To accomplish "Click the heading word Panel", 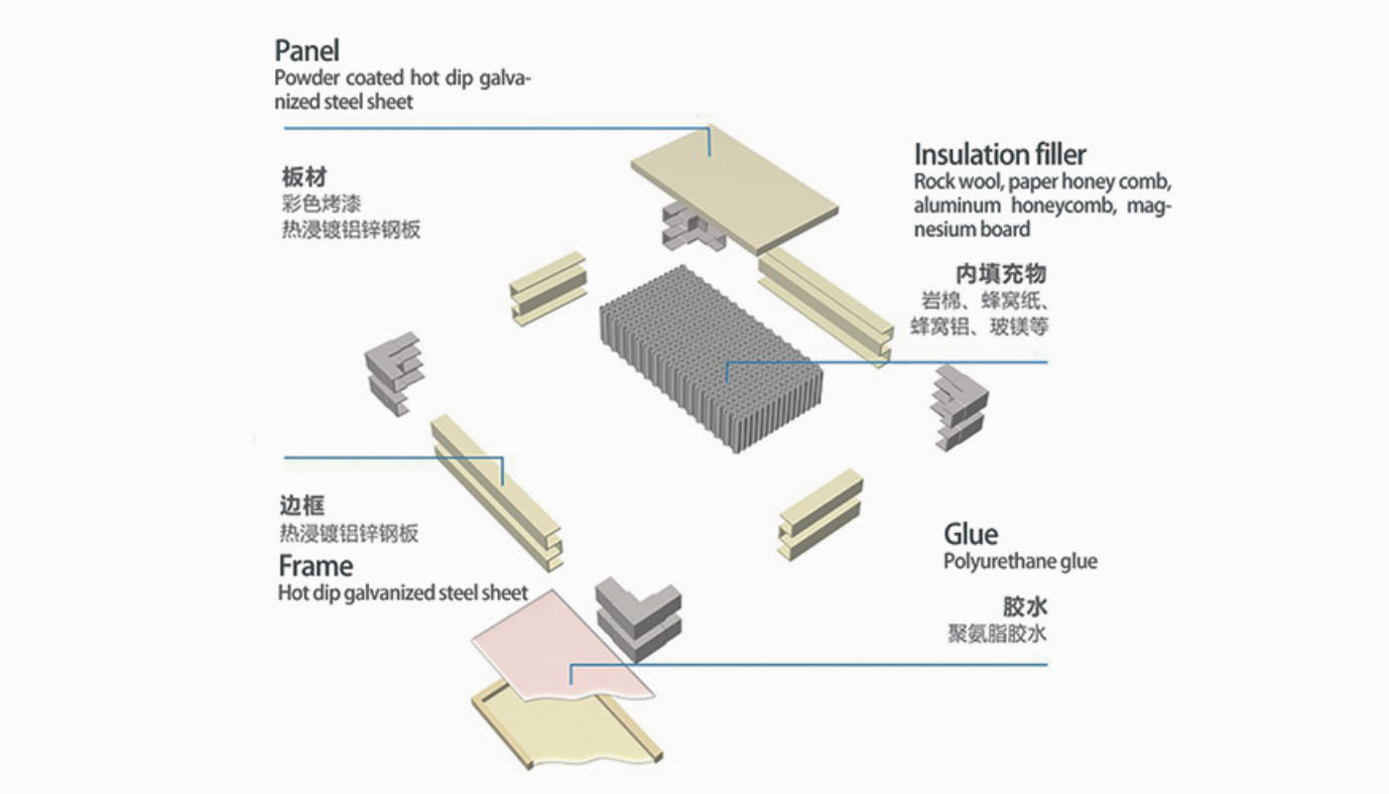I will [x=307, y=51].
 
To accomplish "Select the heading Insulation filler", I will [x=999, y=155].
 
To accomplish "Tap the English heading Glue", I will [x=970, y=534].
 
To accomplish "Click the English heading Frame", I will [x=316, y=567].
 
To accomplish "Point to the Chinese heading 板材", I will [x=304, y=179].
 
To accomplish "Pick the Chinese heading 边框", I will [x=303, y=504].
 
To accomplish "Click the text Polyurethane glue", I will [x=1020, y=562].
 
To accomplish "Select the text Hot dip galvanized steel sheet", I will [x=403, y=594].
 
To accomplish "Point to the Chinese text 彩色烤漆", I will [x=321, y=204].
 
